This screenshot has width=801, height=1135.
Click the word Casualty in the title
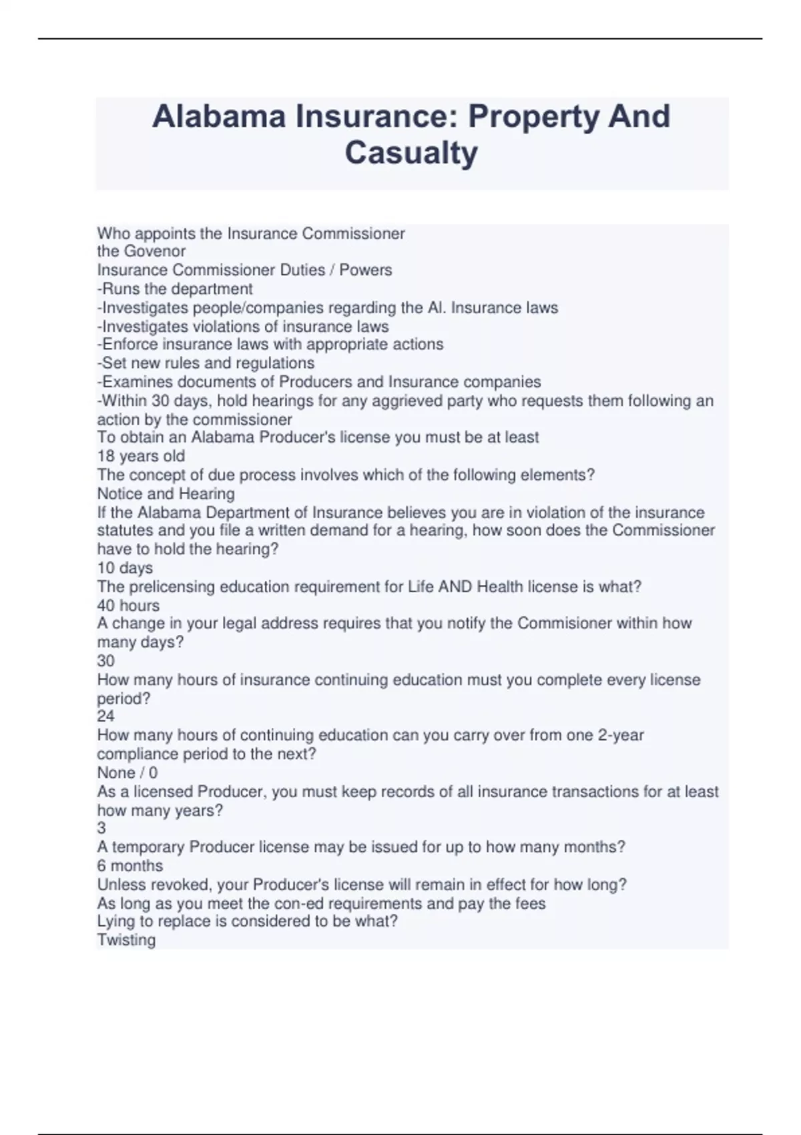click(x=411, y=153)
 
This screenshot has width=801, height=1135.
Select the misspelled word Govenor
click(x=155, y=252)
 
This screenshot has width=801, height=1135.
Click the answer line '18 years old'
click(x=141, y=456)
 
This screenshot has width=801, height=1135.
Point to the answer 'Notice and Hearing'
click(x=166, y=493)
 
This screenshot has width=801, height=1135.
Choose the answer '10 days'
click(x=125, y=568)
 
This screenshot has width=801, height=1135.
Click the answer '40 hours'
click(x=128, y=606)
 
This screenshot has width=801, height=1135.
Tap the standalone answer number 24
click(x=105, y=716)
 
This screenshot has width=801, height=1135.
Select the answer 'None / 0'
click(x=127, y=772)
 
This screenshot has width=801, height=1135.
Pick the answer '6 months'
click(x=129, y=866)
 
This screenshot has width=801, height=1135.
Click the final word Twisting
click(x=126, y=940)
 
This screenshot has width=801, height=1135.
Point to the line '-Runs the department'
click(x=175, y=289)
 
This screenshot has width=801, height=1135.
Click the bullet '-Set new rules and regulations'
click(x=206, y=363)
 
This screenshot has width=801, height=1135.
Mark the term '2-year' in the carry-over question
click(x=621, y=735)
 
